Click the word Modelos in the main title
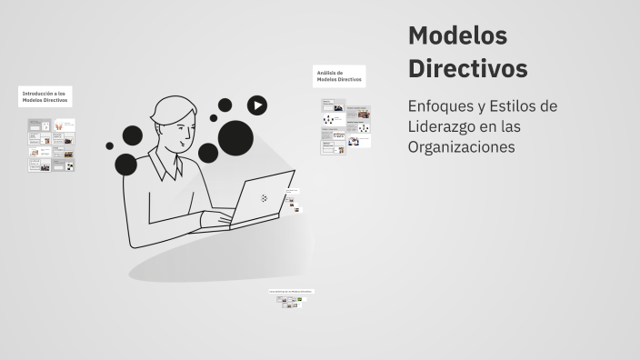point(457,36)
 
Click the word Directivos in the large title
point(467,69)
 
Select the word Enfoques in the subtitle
point(441,106)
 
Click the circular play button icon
point(257,105)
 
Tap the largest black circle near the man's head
point(235,137)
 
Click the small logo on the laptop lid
point(264,197)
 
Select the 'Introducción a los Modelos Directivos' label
point(45,96)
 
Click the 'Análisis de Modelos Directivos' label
point(339,76)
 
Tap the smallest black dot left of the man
point(110,145)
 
